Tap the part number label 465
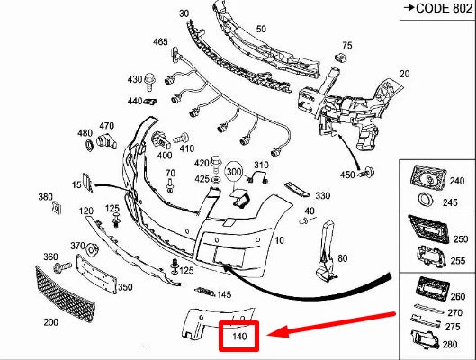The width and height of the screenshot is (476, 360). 160,41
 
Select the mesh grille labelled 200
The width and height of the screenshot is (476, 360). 65,293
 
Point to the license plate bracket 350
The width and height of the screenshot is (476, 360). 96,274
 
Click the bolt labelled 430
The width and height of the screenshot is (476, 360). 150,82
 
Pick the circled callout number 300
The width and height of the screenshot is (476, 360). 234,172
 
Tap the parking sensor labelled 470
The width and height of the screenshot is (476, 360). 106,141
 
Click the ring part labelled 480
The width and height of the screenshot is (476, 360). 90,145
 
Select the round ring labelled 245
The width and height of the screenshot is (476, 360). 427,200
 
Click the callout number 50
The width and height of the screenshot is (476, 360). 261,29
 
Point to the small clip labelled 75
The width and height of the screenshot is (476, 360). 340,57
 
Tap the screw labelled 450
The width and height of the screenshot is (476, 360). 368,173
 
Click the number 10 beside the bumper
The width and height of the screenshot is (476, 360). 279,240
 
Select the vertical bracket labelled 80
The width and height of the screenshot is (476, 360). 326,251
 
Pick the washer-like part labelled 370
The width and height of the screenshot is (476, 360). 92,249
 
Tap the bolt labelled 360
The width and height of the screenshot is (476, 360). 62,267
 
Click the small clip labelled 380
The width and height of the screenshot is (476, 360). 57,207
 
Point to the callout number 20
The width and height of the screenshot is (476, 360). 404,74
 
